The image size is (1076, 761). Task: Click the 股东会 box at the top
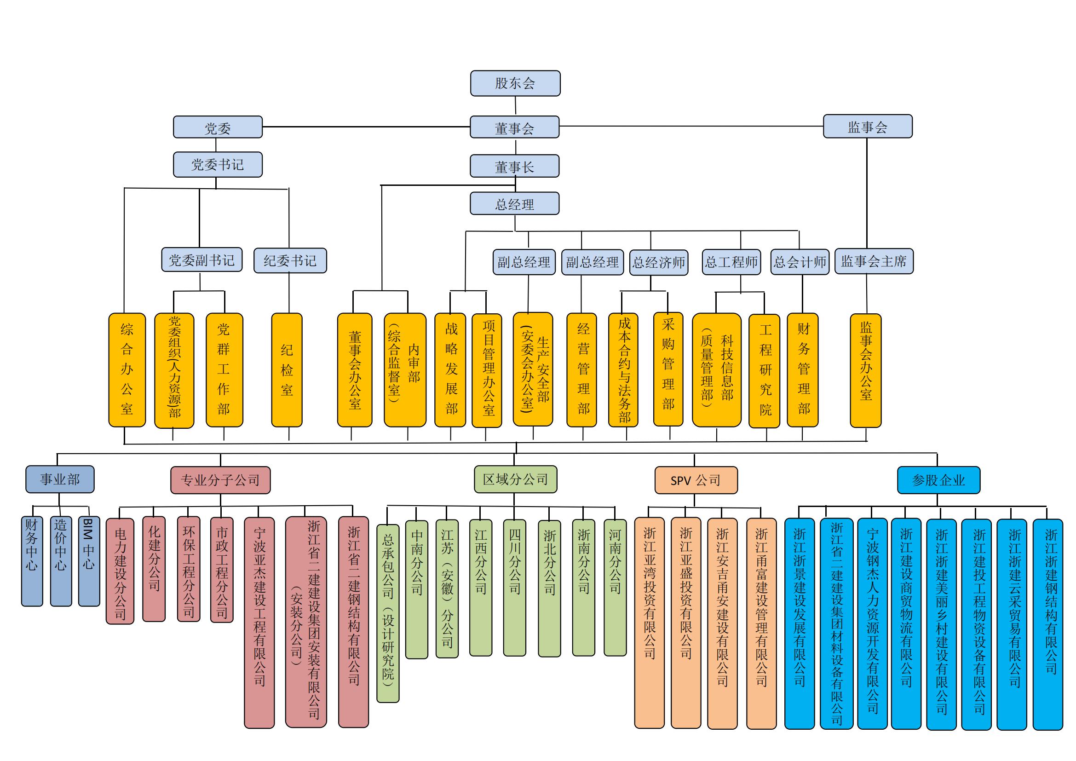tap(515, 83)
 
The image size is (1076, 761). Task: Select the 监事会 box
tap(868, 127)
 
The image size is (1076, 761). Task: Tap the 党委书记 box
tap(218, 164)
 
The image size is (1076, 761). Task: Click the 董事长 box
tap(515, 167)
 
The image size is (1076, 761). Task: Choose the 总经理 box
tap(515, 204)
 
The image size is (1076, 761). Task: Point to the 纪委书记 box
tap(290, 260)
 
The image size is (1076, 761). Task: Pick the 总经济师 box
tap(658, 262)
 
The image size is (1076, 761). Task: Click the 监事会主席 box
tap(874, 261)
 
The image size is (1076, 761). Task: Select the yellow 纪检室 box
tap(287, 370)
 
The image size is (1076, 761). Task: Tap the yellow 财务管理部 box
tap(803, 370)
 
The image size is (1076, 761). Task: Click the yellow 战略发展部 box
tap(450, 370)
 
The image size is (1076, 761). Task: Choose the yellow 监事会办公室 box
tap(866, 370)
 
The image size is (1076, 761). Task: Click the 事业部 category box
tap(60, 479)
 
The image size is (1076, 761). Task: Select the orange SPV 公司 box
tap(696, 480)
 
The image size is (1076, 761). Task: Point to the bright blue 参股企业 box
tap(938, 480)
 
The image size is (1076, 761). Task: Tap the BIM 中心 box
tap(89, 561)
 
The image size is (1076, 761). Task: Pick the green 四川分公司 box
tap(515, 588)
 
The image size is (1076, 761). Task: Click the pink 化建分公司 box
tap(154, 569)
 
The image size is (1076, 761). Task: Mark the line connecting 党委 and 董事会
tap(366, 127)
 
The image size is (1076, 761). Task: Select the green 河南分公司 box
tap(615, 587)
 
